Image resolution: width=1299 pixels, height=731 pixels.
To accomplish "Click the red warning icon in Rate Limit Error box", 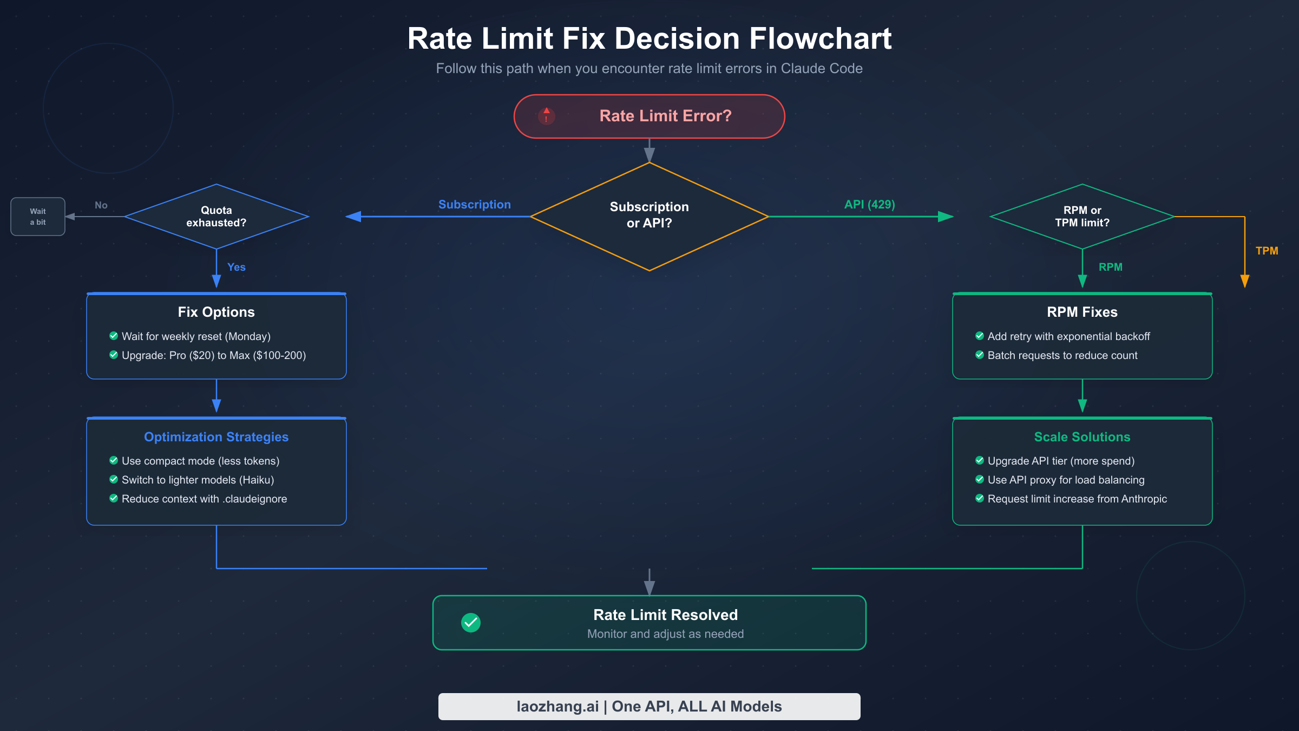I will click(x=547, y=115).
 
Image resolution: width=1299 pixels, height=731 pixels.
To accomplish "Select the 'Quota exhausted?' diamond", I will click(x=216, y=217).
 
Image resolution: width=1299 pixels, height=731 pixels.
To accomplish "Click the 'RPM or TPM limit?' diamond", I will click(x=1082, y=217).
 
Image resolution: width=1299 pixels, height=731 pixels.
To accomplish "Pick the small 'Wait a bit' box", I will click(x=38, y=217).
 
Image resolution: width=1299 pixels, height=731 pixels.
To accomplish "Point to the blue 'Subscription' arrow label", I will click(x=474, y=205).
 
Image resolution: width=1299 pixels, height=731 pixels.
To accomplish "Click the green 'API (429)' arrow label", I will click(x=869, y=205).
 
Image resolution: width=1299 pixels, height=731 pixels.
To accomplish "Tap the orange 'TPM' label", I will click(x=1267, y=251).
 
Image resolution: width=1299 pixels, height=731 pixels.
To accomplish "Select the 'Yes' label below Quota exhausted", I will click(x=237, y=267).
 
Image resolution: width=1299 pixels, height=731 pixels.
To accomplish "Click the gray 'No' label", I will click(x=101, y=205).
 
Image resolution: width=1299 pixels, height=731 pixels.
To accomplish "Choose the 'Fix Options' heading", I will click(x=216, y=312).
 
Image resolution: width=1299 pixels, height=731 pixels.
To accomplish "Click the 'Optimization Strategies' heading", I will click(x=216, y=437).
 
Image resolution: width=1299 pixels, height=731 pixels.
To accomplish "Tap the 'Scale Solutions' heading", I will click(x=1082, y=437).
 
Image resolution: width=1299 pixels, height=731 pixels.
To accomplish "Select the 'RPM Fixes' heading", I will click(x=1082, y=312).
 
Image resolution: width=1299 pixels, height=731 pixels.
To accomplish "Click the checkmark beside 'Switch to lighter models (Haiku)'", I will click(x=114, y=479).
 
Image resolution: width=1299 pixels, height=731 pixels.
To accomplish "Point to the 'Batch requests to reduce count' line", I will click(x=1062, y=355).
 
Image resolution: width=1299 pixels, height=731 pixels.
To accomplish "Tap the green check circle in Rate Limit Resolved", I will click(x=471, y=623).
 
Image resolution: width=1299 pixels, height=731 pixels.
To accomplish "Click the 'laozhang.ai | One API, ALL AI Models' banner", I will click(x=649, y=707).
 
